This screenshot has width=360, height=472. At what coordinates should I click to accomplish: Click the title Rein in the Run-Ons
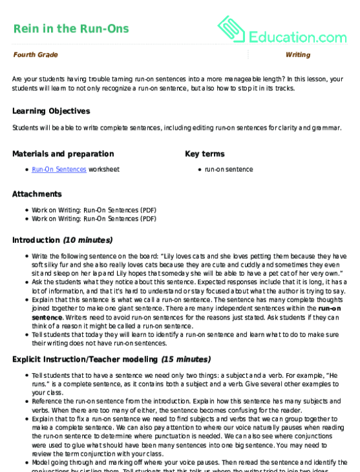(70, 28)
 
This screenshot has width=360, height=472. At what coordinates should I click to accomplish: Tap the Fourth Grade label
(36, 55)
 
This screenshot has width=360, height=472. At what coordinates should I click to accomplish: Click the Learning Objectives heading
(51, 111)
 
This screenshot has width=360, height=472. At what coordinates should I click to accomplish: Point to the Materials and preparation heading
(63, 154)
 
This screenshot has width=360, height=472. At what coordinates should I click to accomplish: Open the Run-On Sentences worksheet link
(59, 169)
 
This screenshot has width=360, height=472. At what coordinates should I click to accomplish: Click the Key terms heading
(205, 154)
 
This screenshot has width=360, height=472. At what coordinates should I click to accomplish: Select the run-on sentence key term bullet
(229, 169)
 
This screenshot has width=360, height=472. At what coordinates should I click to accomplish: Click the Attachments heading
(37, 194)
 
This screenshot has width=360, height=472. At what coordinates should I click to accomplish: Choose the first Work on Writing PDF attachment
(94, 210)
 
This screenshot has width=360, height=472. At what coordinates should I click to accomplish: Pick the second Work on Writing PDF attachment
(94, 218)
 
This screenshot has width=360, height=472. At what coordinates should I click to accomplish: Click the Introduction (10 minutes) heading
(63, 240)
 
